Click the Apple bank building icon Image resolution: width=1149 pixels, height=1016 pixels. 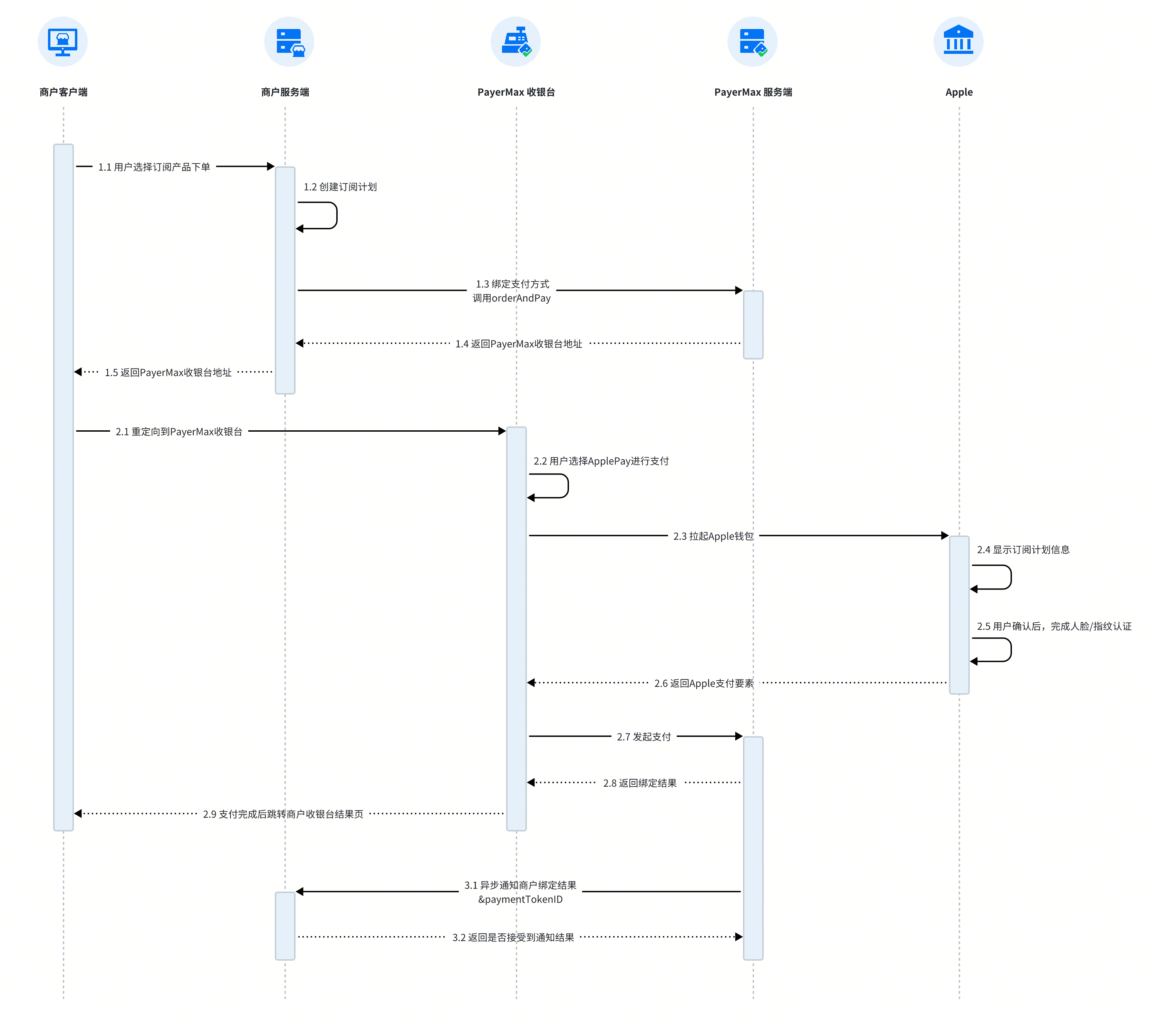coord(958,40)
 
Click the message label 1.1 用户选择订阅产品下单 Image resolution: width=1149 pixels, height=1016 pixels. coord(154,167)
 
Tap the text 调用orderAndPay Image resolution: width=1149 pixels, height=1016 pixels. coord(512,298)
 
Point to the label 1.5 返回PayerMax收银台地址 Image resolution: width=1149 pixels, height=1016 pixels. coord(168,372)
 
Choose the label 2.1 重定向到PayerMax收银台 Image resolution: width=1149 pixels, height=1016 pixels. coord(179,432)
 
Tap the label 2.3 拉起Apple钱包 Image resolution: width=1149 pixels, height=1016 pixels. coord(713,536)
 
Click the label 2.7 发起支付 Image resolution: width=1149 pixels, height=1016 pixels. coord(644,737)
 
